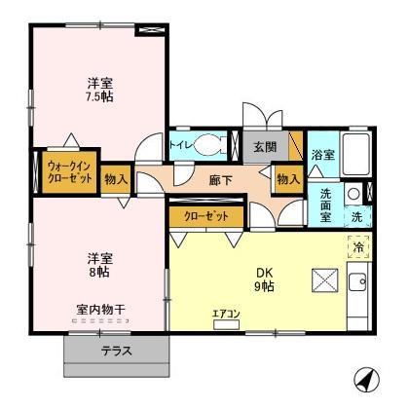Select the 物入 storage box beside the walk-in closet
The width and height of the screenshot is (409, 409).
click(x=116, y=179)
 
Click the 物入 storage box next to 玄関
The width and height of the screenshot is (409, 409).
click(x=286, y=179)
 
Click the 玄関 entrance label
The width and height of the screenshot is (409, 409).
click(x=265, y=147)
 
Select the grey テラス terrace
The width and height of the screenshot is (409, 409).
click(x=117, y=352)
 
